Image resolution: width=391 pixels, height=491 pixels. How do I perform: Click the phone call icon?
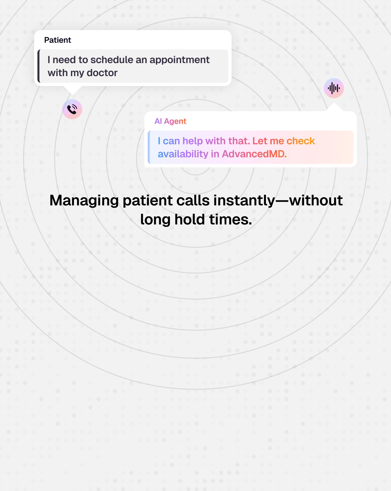[72, 109]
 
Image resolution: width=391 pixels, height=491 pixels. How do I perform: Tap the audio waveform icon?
[334, 88]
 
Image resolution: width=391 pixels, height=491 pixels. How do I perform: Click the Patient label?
[58, 40]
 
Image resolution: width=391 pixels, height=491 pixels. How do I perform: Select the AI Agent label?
[170, 121]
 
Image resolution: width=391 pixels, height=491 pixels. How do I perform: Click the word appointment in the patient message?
[179, 60]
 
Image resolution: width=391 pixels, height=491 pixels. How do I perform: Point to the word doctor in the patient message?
[102, 73]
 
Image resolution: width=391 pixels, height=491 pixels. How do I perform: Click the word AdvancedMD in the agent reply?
[254, 154]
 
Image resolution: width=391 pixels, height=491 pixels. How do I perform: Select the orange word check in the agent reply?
[301, 141]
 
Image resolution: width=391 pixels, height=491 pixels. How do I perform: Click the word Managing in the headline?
[84, 201]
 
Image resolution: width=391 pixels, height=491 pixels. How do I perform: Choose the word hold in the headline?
[189, 219]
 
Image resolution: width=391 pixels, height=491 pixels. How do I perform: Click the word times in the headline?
[230, 219]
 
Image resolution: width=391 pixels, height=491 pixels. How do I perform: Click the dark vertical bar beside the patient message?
[39, 66]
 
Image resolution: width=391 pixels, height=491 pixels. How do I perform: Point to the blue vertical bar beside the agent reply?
[149, 147]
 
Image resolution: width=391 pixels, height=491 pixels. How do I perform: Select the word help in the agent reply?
[192, 141]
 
